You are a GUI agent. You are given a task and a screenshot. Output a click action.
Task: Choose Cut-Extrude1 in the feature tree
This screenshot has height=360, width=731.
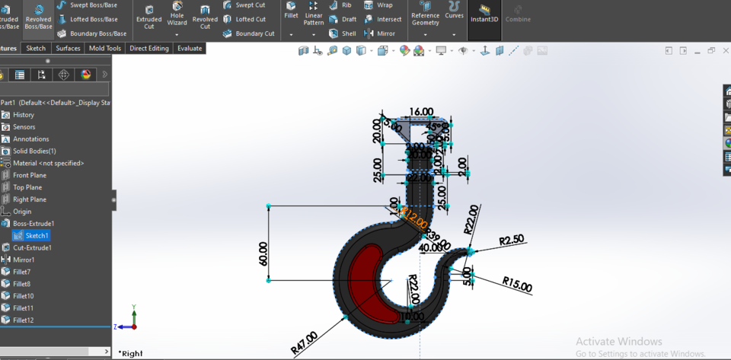[32, 247]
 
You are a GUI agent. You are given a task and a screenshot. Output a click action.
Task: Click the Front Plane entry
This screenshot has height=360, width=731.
[29, 175]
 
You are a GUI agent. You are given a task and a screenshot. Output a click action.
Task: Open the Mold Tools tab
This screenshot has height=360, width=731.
[104, 48]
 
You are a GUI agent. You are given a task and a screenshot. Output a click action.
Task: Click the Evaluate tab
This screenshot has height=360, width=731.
[190, 48]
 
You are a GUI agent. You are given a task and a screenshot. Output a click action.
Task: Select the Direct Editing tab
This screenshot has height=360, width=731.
[149, 48]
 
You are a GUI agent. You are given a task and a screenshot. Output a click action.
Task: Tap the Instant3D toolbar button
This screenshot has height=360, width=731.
[484, 14]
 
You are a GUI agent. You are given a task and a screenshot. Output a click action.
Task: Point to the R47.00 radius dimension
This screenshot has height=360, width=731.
[304, 343]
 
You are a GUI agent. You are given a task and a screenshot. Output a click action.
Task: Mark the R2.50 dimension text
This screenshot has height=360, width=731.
[512, 241]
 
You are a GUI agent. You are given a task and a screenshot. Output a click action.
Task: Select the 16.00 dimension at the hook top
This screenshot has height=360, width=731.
[420, 112]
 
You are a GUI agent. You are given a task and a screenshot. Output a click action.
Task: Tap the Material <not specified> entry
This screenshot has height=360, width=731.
[48, 163]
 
